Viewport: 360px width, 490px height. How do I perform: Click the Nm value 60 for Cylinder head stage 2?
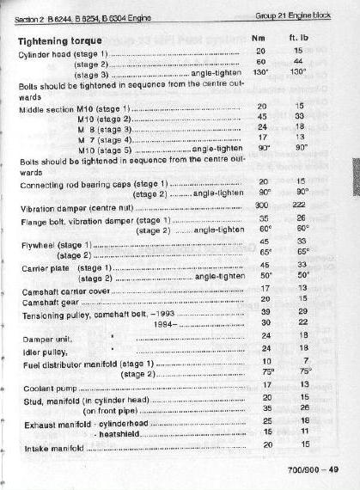[262, 63]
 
